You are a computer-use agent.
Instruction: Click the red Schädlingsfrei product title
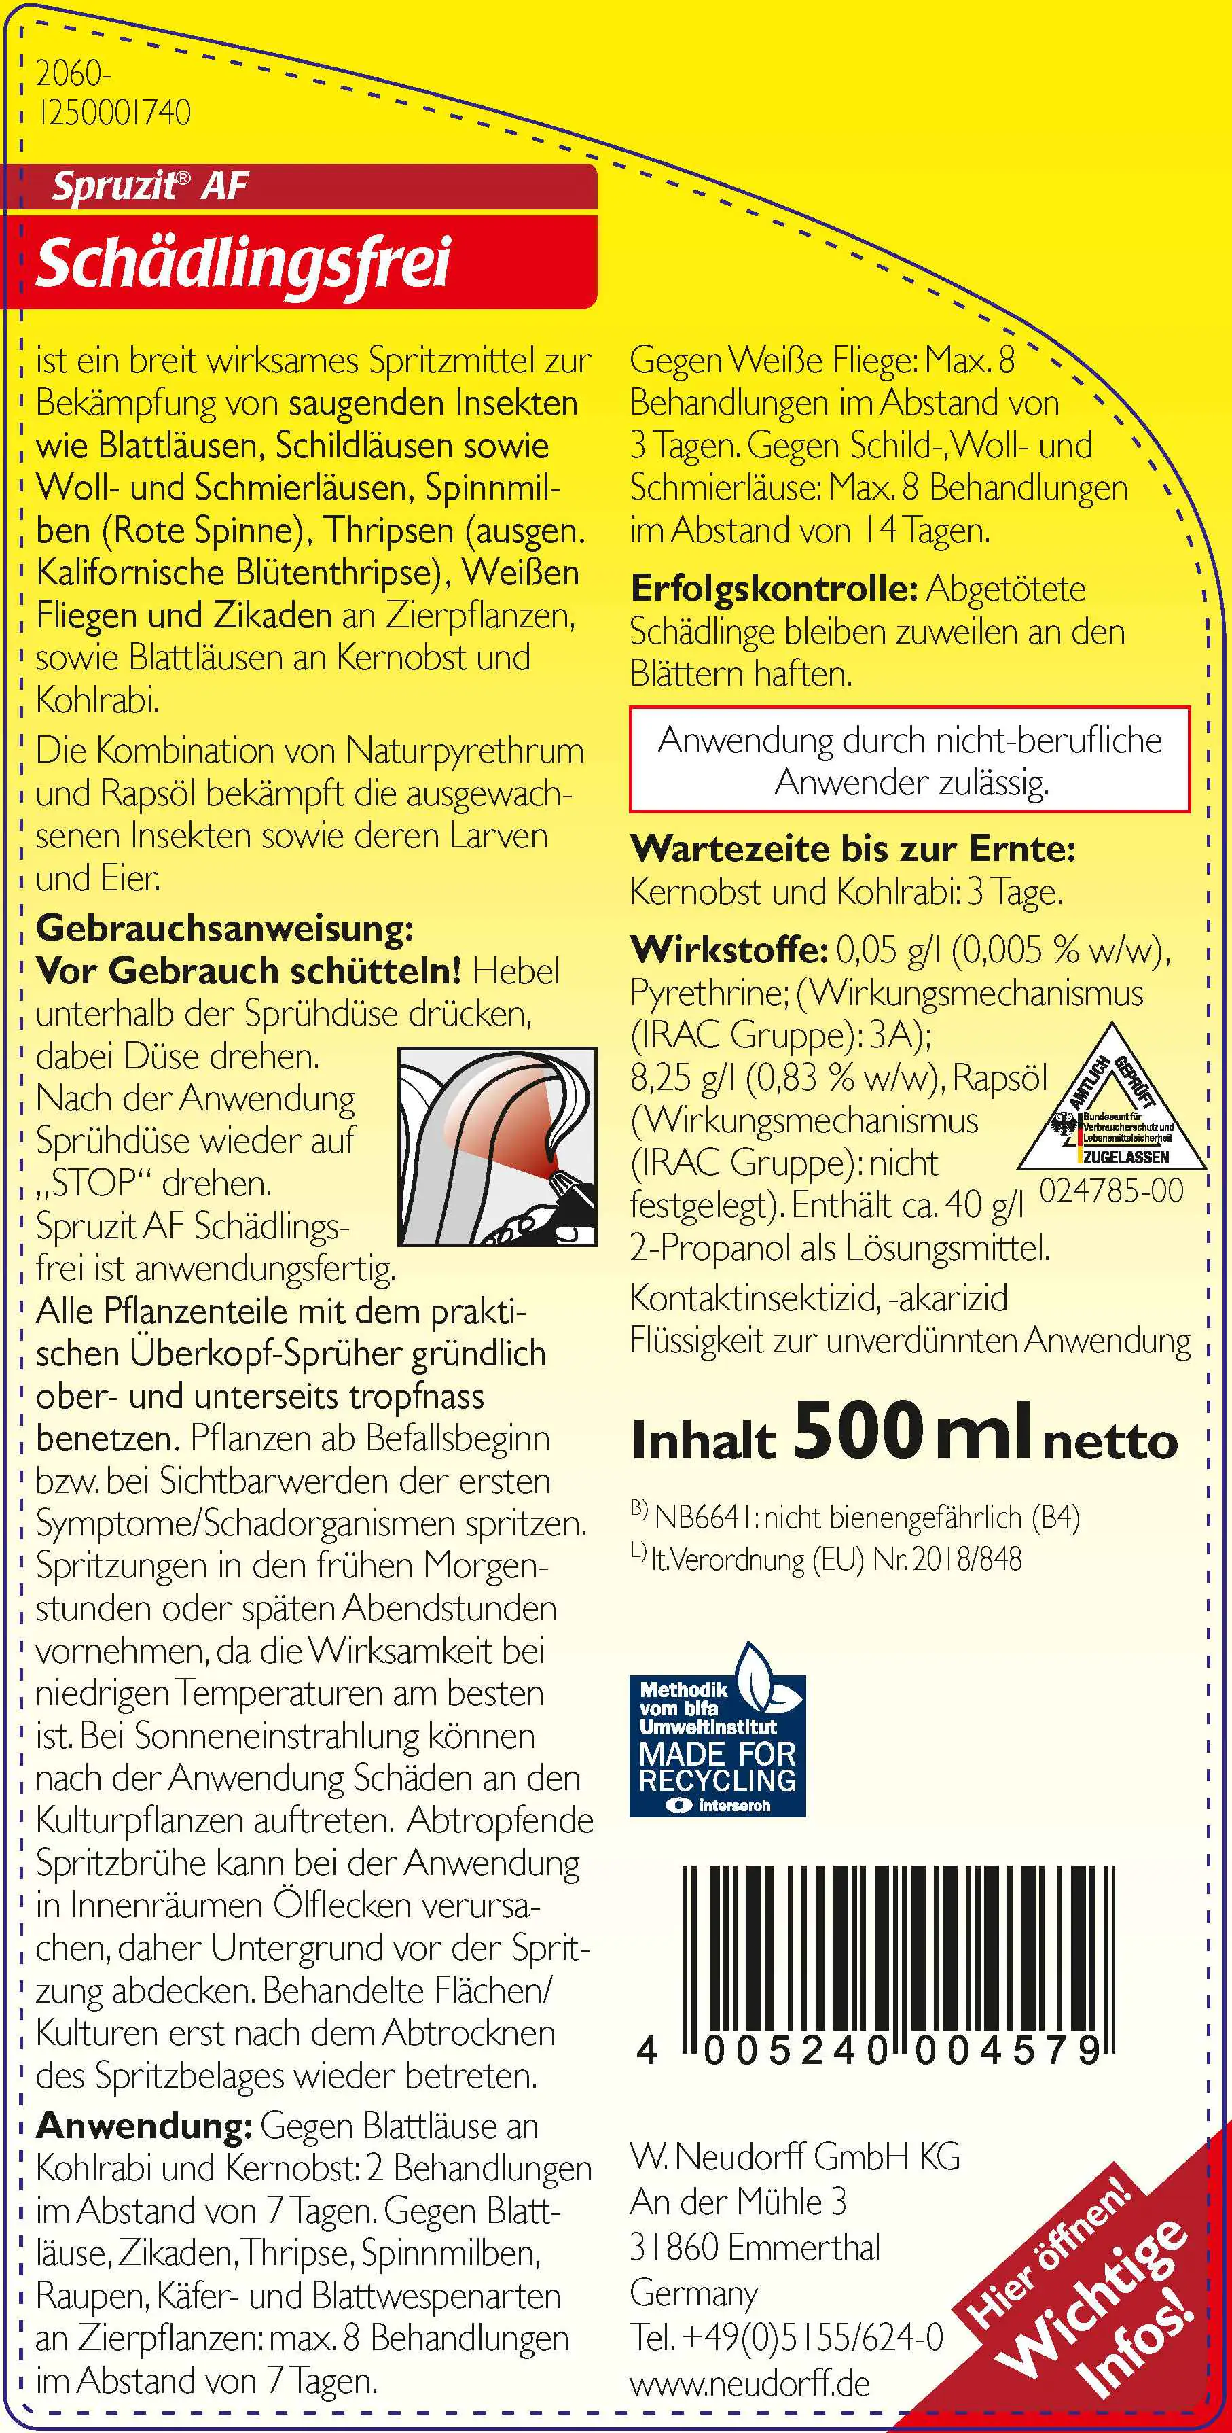coord(244,262)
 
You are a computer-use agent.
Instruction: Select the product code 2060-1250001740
coord(112,94)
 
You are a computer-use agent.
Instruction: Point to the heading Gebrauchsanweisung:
coord(225,928)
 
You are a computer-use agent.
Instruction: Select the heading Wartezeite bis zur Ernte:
coord(852,848)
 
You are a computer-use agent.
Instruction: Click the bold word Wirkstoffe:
coord(729,949)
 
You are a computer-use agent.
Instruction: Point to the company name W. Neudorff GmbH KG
coord(795,2156)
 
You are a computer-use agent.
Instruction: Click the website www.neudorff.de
coord(750,2383)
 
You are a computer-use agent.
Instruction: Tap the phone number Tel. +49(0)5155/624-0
coord(786,2338)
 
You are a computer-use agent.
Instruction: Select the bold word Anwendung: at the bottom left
coord(143,2126)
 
